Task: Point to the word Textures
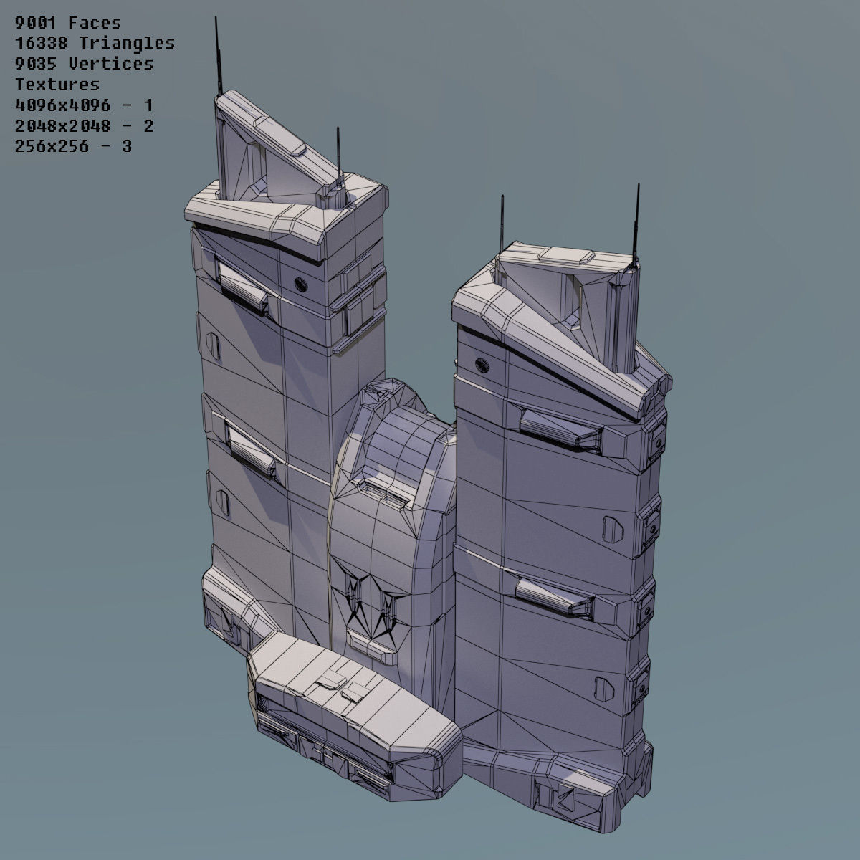tap(57, 85)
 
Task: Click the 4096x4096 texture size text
tap(63, 105)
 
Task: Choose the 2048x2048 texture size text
tap(63, 126)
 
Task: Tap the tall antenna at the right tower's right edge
tap(635, 222)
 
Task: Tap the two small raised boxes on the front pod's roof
tap(343, 685)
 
